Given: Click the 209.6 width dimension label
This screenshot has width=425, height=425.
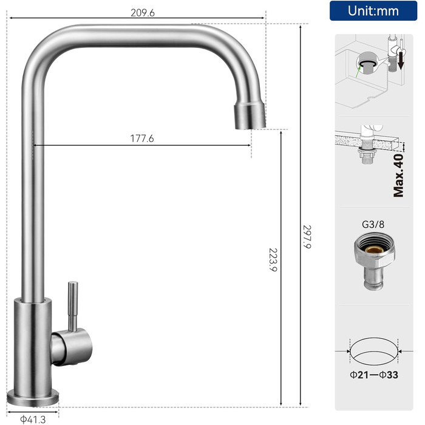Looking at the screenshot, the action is click(143, 13).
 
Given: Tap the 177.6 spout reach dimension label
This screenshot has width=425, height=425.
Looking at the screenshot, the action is click(142, 138).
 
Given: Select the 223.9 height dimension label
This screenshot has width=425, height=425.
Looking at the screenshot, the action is click(273, 260).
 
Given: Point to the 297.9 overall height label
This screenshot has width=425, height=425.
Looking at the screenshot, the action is click(307, 237).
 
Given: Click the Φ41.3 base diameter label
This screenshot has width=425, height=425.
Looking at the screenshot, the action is click(33, 420).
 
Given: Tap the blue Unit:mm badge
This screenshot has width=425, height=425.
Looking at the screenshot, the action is click(373, 11).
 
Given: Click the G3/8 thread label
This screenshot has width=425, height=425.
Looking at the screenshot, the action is click(373, 225).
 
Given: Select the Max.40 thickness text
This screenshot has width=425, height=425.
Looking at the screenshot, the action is click(398, 175).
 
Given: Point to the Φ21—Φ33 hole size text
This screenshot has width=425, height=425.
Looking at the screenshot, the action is click(374, 375).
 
